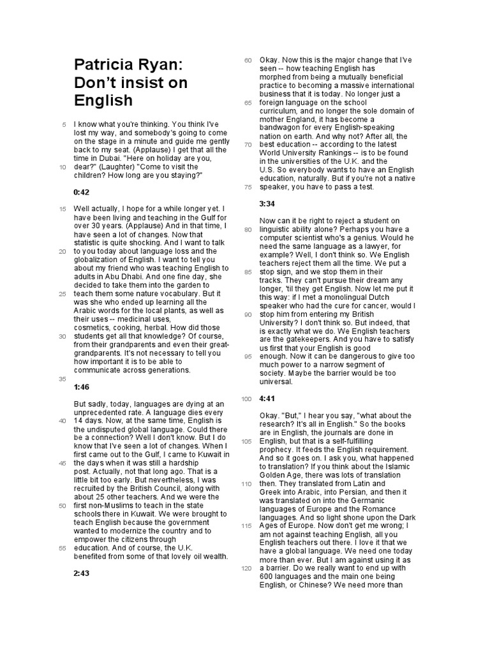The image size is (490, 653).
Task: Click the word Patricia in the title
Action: [x=102, y=65]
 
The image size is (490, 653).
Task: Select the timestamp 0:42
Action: [x=82, y=192]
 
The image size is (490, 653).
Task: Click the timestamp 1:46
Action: [x=81, y=387]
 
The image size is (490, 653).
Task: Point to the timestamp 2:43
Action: [x=82, y=573]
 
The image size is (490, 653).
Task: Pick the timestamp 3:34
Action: [x=267, y=203]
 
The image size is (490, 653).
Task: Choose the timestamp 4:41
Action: [x=267, y=399]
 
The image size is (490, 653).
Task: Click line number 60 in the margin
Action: [x=248, y=61]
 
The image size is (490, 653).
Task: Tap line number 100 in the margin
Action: [x=247, y=399]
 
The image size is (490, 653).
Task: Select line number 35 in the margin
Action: [x=63, y=379]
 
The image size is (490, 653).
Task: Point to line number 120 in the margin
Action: [x=247, y=568]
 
